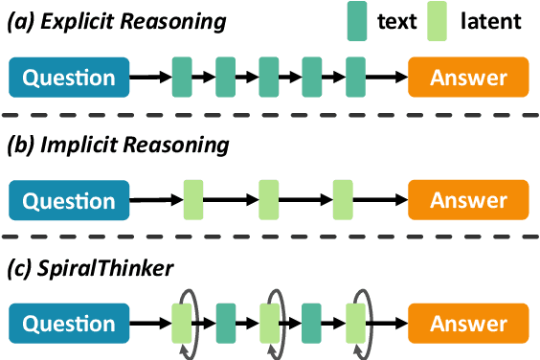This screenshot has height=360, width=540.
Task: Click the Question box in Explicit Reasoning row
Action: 69,78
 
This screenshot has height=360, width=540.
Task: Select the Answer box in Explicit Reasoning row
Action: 468,78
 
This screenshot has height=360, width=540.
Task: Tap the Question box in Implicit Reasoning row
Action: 69,200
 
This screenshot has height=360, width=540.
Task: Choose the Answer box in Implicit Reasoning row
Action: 468,200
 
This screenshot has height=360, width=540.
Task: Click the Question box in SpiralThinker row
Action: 69,323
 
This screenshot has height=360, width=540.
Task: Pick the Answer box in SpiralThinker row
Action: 468,323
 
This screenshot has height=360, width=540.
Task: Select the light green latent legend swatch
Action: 437,21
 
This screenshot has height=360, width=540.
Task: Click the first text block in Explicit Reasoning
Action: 182,78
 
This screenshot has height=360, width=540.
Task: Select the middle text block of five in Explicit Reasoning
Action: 269,78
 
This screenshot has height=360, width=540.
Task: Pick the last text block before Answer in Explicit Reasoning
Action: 356,78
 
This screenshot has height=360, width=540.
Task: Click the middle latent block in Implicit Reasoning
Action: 268,200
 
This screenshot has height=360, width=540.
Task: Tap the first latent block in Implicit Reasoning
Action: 193,200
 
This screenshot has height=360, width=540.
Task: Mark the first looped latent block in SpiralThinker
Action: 182,323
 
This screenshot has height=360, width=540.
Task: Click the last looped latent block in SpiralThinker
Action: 356,323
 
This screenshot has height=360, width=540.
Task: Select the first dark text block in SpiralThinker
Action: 226,323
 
